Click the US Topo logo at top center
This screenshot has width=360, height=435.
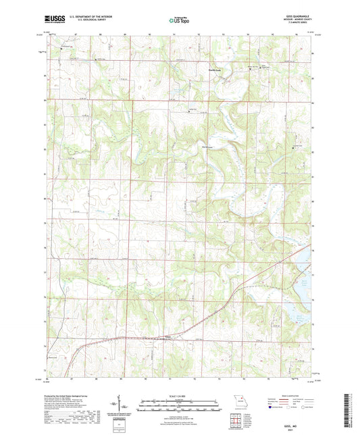(x=178, y=21)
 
